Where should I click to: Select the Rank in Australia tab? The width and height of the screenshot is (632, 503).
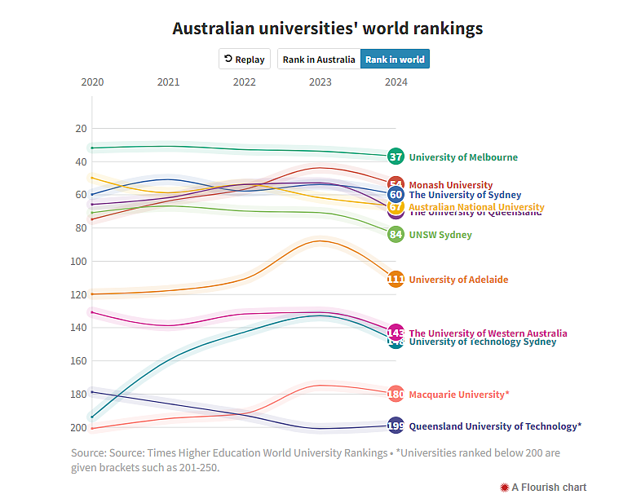(319, 60)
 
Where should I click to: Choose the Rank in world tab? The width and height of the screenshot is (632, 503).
(395, 60)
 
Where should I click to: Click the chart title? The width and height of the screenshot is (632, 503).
(327, 29)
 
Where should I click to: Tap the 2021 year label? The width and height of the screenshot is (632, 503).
(169, 82)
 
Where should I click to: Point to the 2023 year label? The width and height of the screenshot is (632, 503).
(320, 82)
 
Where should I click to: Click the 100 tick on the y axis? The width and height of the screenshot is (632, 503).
(81, 261)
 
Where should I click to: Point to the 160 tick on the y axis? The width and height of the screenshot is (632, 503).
(81, 360)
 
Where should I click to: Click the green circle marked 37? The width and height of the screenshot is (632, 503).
(396, 157)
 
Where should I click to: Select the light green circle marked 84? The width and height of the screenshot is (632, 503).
(396, 235)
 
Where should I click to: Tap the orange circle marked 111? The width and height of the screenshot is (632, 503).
(396, 280)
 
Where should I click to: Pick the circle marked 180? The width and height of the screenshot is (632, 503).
(396, 395)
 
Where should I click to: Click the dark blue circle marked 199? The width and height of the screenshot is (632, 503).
(396, 426)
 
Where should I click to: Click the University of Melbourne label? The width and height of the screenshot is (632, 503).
(463, 157)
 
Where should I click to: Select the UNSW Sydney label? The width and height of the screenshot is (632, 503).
(440, 235)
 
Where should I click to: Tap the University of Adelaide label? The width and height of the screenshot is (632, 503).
(458, 280)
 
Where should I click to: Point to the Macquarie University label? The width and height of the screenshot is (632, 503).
(459, 395)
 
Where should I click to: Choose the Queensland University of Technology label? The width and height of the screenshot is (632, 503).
(495, 426)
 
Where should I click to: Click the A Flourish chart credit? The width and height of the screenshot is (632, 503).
(543, 488)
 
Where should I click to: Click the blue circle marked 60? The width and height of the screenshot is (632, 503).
(396, 195)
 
